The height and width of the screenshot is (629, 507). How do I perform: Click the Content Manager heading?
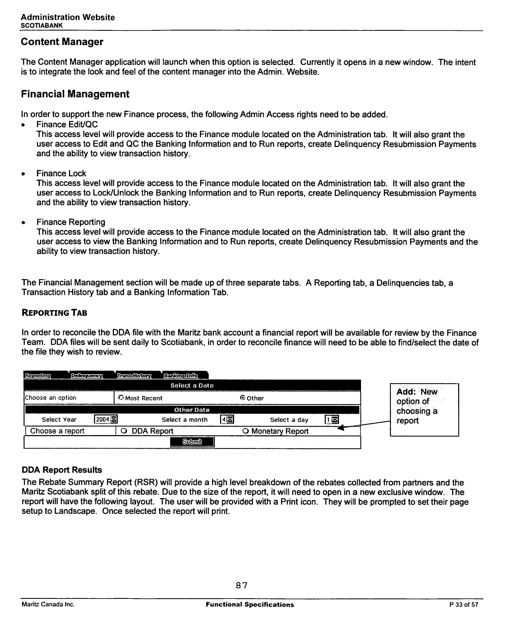pos(62,42)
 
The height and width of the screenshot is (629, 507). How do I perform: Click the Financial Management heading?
pos(75,94)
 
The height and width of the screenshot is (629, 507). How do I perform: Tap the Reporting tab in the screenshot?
pos(38,376)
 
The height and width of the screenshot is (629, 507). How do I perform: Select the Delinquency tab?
pos(87,376)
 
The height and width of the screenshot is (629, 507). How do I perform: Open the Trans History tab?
pos(134,376)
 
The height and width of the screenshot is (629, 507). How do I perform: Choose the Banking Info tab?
pos(181,376)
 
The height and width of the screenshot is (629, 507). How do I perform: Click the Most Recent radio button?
pos(121,398)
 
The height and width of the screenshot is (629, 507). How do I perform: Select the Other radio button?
pos(242,398)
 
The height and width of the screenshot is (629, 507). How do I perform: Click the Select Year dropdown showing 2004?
pos(106,420)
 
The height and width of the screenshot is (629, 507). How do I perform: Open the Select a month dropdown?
pos(227,420)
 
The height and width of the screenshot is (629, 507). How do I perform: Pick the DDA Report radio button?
pos(124,431)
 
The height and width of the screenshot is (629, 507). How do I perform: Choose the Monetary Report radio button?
pos(246,431)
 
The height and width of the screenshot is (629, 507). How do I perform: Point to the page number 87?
pos(242,585)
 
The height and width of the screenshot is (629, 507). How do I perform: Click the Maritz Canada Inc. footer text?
pos(48,604)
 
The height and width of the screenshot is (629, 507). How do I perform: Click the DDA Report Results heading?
pos(62,470)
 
